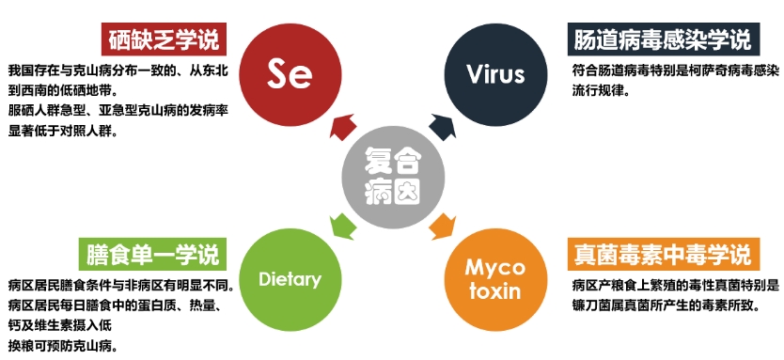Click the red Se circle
pos(290,74)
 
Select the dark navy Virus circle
pos(496,74)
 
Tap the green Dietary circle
pos(290,279)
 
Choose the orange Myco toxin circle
pos(496,279)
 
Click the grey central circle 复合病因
pos(393,178)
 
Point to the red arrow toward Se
pos(343,127)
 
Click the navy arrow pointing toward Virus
pos(443,127)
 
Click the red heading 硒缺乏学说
pos(164,39)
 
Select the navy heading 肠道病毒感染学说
pos(664,39)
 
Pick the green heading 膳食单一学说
pos(152,255)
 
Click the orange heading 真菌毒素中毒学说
pos(664,255)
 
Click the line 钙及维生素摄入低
pos(60,326)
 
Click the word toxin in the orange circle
pos(495,290)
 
